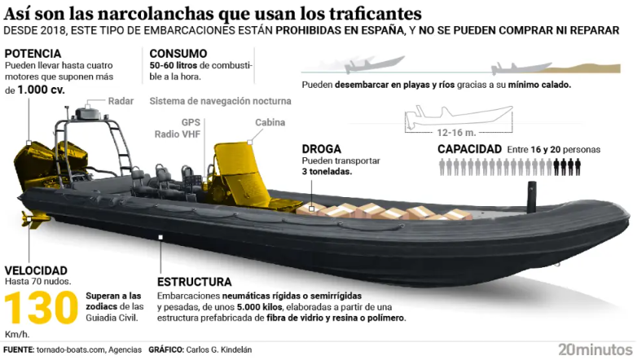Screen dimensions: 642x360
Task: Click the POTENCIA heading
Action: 33,54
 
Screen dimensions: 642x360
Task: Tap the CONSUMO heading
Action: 178,54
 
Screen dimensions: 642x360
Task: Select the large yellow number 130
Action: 41,307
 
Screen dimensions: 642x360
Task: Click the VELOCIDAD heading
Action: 36,270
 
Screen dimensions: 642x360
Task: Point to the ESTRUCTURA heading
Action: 195,282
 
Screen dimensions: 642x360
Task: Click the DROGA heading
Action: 322,149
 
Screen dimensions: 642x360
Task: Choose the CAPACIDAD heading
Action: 469,149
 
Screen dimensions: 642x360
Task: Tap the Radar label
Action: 121,101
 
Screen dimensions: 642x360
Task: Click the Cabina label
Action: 270,122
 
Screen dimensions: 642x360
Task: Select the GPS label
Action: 191,122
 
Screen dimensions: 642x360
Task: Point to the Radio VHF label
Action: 178,134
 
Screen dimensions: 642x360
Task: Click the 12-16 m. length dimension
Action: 456,133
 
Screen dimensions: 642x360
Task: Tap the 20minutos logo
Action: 596,349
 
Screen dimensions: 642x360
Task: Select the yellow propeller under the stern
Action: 35,220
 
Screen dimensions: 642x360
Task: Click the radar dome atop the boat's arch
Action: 87,112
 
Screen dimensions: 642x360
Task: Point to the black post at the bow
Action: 531,197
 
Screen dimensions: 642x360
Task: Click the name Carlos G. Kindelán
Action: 218,350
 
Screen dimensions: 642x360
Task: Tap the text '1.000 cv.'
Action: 41,90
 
